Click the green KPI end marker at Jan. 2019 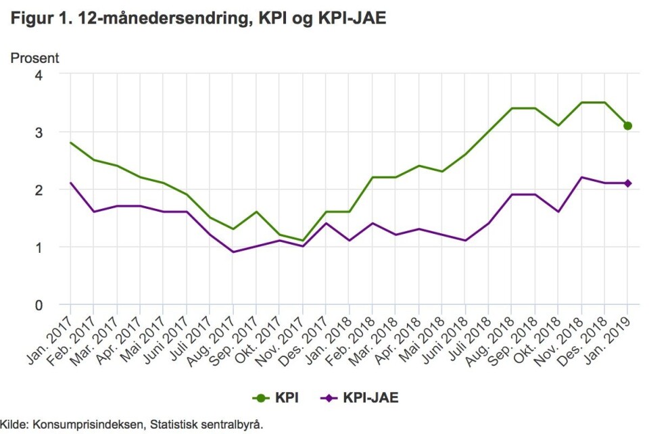627,126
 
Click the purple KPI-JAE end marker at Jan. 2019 627,183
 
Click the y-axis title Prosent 34,58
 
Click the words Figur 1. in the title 36,20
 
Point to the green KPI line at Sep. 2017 256,212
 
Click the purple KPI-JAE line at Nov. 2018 581,177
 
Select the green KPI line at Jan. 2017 70,143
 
